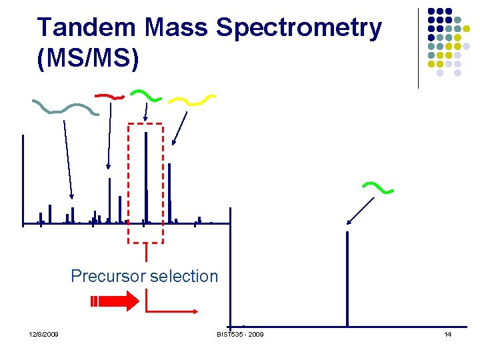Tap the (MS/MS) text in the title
pos(89,59)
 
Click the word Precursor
pos(109,276)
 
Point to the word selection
pos(185,276)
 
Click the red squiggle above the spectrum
pos(109,97)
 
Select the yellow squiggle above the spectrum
pos(191,100)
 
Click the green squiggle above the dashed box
pos(145,96)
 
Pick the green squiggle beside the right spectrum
pos(377,188)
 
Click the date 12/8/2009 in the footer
pos(43,334)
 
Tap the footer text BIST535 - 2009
pos(240,334)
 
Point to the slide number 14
pos(448,334)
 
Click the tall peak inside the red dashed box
pos(145,177)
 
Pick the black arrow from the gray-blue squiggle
pos(68,159)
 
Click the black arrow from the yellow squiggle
pos(179,128)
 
